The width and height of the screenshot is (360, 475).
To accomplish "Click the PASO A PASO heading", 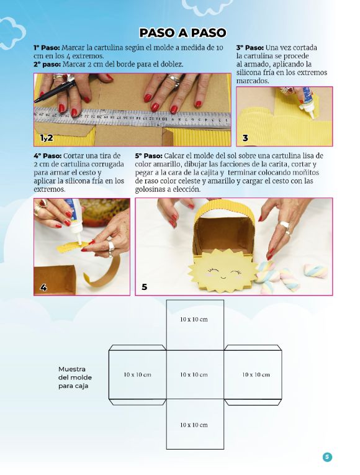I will pyautogui.click(x=182, y=33).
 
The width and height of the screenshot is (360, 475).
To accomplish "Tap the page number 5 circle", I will pyautogui.click(x=327, y=457).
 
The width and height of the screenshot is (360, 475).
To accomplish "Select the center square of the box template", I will pyautogui.click(x=195, y=375).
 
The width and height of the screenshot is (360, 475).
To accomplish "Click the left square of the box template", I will pyautogui.click(x=137, y=375).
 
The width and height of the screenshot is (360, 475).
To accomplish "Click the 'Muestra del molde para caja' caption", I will pyautogui.click(x=73, y=377).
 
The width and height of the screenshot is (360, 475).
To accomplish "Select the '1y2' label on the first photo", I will pyautogui.click(x=47, y=137).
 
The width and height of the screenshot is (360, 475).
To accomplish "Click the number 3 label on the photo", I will pyautogui.click(x=245, y=138).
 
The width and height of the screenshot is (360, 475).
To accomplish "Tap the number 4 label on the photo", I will pyautogui.click(x=43, y=287).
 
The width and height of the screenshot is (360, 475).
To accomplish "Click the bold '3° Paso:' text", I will pyautogui.click(x=250, y=47).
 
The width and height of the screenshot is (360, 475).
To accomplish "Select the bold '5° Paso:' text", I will pyautogui.click(x=149, y=155).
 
